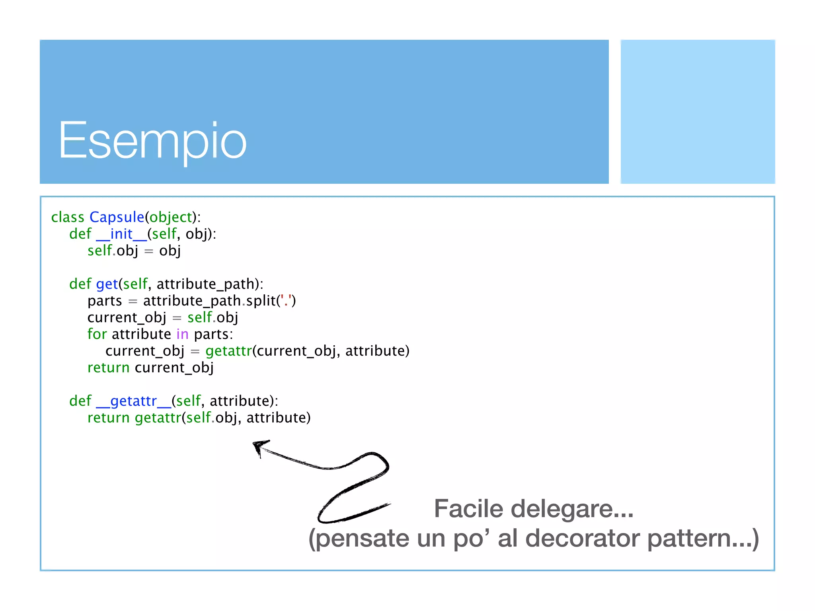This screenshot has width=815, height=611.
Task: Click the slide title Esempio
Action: click(x=152, y=141)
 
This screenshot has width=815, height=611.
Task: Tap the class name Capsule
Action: click(x=117, y=217)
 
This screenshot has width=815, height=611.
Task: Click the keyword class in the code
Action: click(x=68, y=217)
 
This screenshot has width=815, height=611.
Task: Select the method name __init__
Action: click(x=121, y=234)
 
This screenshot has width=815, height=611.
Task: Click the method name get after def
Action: click(x=107, y=284)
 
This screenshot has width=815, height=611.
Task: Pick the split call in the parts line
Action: click(x=261, y=301)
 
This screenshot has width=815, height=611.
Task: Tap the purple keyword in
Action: click(x=182, y=334)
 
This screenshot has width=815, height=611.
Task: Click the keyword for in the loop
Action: click(x=97, y=334)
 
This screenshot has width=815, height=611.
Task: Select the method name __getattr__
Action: click(x=134, y=401)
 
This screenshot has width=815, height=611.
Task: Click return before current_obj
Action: click(x=108, y=368)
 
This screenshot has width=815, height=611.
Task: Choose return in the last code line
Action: click(x=108, y=418)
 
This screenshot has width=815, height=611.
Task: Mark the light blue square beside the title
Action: click(x=698, y=112)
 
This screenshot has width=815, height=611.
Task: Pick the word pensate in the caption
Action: click(x=363, y=539)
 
